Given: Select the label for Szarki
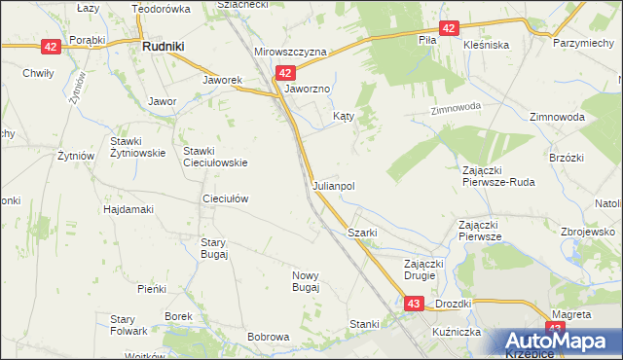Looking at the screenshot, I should pyautogui.click(x=362, y=234).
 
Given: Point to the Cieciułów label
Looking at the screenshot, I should pyautogui.click(x=225, y=198).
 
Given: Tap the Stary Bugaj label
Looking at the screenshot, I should pyautogui.click(x=214, y=248).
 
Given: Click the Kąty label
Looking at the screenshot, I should pyautogui.click(x=343, y=115).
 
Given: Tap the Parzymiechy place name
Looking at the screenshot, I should pyautogui.click(x=582, y=45).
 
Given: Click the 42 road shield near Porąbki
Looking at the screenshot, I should pyautogui.click(x=51, y=46).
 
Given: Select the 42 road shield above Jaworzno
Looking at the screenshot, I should pyautogui.click(x=284, y=72).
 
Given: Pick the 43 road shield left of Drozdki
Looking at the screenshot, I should pyautogui.click(x=414, y=305).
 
